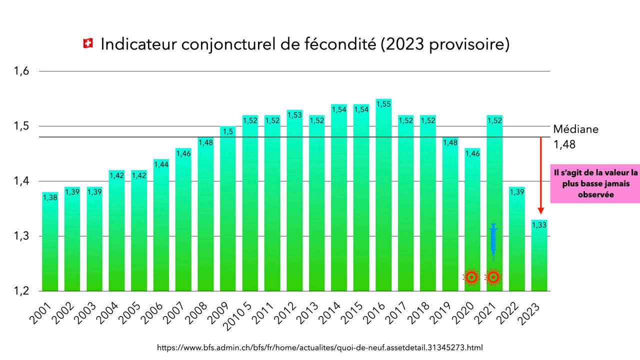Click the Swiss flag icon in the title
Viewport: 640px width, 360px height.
tap(88, 44)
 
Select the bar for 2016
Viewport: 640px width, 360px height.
tap(383, 200)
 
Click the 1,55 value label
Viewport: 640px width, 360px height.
tap(383, 104)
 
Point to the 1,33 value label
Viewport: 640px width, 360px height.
tap(539, 225)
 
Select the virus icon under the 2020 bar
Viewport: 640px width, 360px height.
tap(471, 276)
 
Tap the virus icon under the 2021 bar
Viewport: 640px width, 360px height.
tap(493, 276)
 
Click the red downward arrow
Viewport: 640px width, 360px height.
tap(540, 175)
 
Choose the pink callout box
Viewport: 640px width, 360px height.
tap(595, 183)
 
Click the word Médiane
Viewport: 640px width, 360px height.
tap(575, 129)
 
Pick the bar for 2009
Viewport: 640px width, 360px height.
tap(228, 210)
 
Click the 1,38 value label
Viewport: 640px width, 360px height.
tap(50, 198)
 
